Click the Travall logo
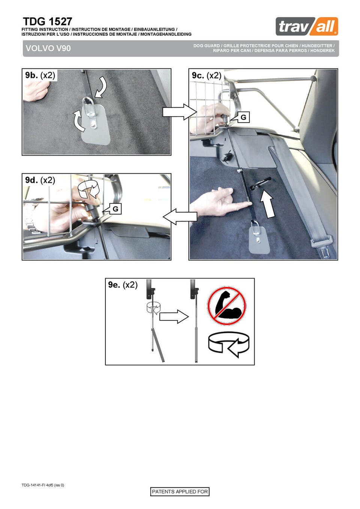tap(307, 26)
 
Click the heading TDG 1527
tap(48, 22)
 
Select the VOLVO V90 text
tap(48, 48)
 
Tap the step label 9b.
tap(31, 75)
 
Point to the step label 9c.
tap(198, 75)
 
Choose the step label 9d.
tap(31, 180)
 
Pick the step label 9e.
tap(114, 285)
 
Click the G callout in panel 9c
tap(243, 117)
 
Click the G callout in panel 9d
tap(115, 209)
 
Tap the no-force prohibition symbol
tap(226, 305)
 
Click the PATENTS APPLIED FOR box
tap(180, 491)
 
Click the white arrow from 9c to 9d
tap(180, 217)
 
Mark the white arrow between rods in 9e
tap(174, 317)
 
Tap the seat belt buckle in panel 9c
tap(322, 245)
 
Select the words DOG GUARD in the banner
tap(207, 46)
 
